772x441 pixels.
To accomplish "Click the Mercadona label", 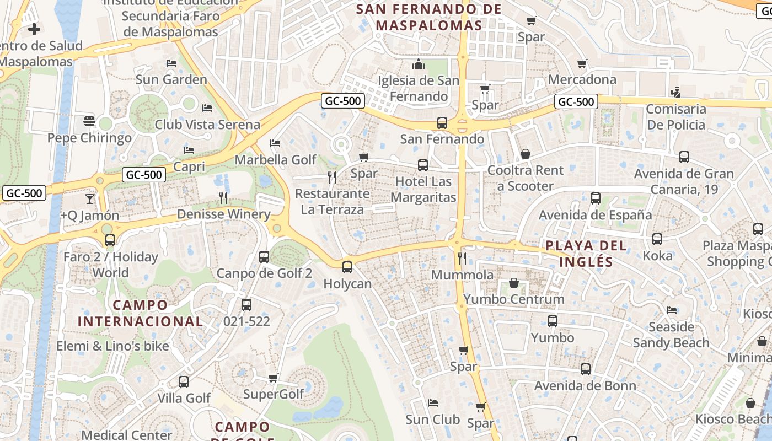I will (582, 79).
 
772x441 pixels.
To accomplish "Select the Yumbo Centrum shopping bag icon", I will (514, 283).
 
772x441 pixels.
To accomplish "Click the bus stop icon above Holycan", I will (347, 267).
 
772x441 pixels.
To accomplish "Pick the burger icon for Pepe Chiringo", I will (89, 121).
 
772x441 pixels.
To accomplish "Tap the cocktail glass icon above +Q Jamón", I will (89, 198).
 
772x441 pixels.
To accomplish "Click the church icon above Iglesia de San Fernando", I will (418, 64).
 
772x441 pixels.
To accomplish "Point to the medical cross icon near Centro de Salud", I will (34, 29).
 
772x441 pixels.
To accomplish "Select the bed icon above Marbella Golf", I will (275, 143).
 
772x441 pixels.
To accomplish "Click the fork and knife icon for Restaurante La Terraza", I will (332, 177).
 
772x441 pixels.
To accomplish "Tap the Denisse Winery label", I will (223, 214).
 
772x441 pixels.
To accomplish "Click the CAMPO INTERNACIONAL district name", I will (140, 313).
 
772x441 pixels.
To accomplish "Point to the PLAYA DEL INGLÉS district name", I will (586, 254).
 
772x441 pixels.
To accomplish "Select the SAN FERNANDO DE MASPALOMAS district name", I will (429, 17).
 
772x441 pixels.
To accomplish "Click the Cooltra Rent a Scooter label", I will (525, 178).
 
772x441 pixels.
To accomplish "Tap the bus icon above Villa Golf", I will (184, 381).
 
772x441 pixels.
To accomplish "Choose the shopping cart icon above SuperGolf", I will (273, 378).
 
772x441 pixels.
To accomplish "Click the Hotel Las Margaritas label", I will (423, 189).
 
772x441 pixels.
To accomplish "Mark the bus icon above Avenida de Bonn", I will (585, 369).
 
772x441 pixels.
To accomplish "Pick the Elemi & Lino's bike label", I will (112, 346).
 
